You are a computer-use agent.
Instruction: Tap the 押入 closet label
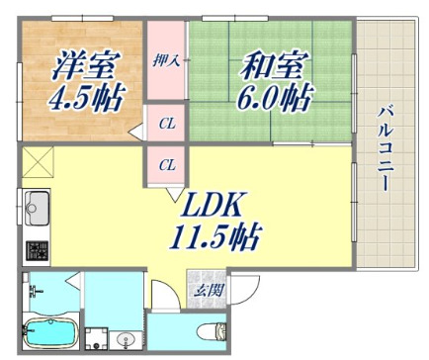pyautogui.click(x=164, y=61)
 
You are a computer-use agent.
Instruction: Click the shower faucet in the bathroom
pyautogui.click(x=35, y=291)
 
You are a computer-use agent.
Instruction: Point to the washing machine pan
pyautogui.click(x=97, y=338)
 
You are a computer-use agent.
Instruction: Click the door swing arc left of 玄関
pyautogui.click(x=161, y=293)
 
